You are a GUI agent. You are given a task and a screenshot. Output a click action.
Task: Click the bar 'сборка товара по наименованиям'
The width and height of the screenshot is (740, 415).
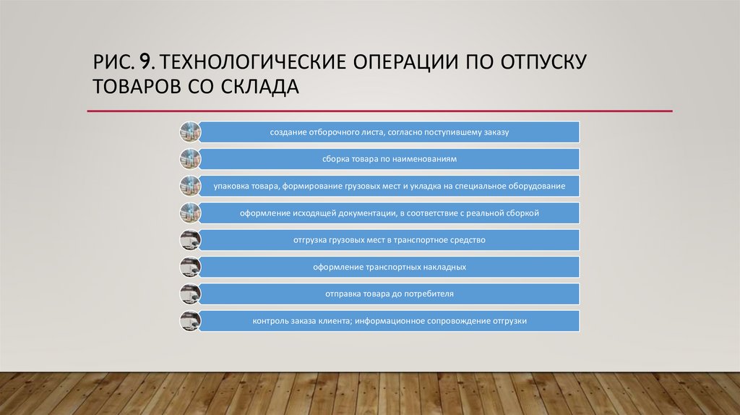point(390,158)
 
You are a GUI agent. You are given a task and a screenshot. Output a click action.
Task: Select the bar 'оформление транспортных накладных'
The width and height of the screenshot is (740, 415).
point(390,267)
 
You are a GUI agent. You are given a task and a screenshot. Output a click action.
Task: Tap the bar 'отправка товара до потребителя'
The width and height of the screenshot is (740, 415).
point(390,294)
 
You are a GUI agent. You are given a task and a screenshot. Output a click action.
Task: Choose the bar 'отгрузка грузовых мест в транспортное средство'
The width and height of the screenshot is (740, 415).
point(390,240)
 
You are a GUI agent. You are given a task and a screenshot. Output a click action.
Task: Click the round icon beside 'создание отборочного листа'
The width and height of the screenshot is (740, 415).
point(189,132)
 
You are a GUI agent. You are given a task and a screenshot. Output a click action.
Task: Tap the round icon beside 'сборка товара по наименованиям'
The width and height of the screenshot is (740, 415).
point(189,158)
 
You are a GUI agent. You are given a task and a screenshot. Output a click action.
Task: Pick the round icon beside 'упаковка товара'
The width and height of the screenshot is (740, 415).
point(189,186)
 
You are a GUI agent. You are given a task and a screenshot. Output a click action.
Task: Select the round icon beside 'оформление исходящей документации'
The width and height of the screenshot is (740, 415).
point(189,213)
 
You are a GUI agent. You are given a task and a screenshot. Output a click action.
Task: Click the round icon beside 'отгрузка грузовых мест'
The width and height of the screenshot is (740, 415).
point(189,240)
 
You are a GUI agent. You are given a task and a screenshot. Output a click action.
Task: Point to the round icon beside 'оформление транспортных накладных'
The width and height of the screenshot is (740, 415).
point(189,267)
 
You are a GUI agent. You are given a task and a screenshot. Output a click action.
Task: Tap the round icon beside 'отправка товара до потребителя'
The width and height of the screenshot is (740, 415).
point(189,294)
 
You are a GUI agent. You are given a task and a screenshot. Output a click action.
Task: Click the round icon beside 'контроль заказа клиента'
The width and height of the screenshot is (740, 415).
point(189,321)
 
